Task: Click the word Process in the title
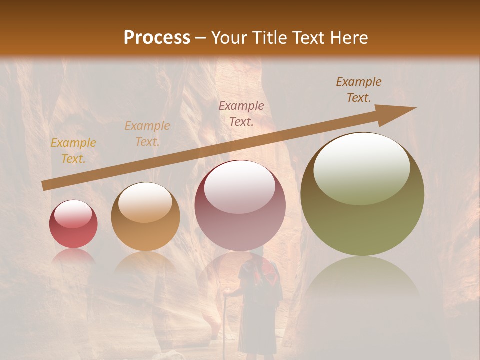pos(157,37)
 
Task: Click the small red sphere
pos(73,224)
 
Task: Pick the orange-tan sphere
pos(145,216)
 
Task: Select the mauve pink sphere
pos(240,205)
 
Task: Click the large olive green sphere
pos(362,195)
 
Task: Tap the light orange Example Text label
pos(147,134)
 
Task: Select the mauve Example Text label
pos(241,114)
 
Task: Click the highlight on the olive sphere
pos(361,167)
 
